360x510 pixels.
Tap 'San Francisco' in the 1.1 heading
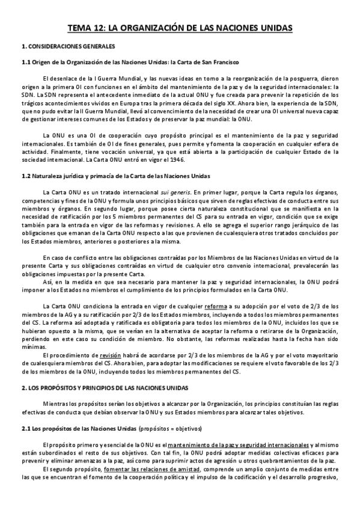(x=218, y=62)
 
